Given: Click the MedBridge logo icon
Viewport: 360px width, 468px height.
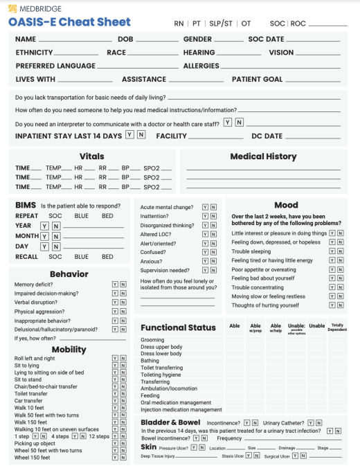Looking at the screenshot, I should [x=12, y=9].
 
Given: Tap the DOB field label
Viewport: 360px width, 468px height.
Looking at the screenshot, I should [x=125, y=39].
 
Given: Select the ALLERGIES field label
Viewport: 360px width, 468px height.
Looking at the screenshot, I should [x=201, y=66].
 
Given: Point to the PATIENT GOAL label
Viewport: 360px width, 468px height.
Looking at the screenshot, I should [x=257, y=79].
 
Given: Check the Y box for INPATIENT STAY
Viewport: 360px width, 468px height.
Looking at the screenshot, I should [x=129, y=135].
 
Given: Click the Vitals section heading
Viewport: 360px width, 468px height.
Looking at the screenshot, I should [x=92, y=156].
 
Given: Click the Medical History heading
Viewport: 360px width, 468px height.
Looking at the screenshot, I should [x=263, y=156].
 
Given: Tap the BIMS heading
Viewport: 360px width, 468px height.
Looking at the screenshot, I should [x=26, y=206].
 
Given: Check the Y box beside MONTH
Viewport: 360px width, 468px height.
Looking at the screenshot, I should [x=44, y=236].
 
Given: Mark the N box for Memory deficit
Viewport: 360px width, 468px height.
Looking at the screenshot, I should [x=123, y=285].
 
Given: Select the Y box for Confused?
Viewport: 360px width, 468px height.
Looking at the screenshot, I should [x=205, y=253].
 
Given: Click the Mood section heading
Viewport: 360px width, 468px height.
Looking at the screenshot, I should [x=286, y=205].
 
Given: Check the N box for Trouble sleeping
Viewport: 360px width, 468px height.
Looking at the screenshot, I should [x=340, y=251].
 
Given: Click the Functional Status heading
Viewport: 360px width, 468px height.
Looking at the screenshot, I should [x=179, y=327].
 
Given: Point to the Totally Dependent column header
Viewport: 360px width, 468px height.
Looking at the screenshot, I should [x=337, y=327].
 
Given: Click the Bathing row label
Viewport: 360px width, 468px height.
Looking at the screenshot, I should [x=150, y=361].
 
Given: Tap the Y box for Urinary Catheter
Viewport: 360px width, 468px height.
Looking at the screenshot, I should [x=310, y=422].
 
